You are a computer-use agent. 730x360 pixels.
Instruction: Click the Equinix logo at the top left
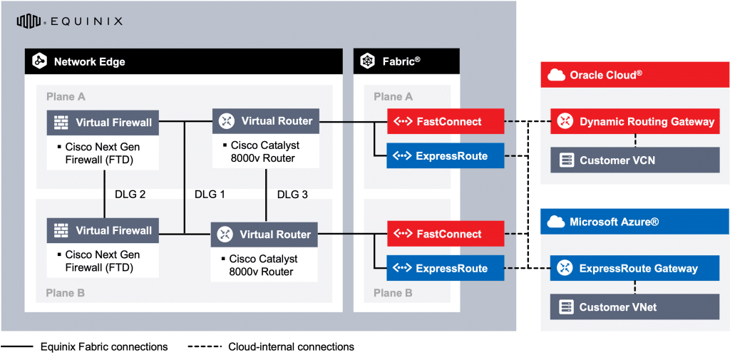pyautogui.click(x=69, y=21)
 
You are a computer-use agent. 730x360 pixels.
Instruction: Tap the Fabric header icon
pyautogui.click(x=368, y=61)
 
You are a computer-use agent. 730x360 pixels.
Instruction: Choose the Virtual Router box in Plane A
pyautogui.click(x=266, y=120)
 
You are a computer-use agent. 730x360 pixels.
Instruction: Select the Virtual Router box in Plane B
pyautogui.click(x=264, y=234)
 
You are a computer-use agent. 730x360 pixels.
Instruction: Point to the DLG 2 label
pyautogui.click(x=130, y=194)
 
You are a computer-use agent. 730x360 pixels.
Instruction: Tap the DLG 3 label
pyautogui.click(x=292, y=194)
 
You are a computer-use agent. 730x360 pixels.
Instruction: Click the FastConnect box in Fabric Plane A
pyautogui.click(x=446, y=121)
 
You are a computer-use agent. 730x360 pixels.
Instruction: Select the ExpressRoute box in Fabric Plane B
pyautogui.click(x=446, y=268)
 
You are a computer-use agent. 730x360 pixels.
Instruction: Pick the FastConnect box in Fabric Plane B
pyautogui.click(x=446, y=234)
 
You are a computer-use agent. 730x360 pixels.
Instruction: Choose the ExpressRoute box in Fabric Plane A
pyautogui.click(x=446, y=155)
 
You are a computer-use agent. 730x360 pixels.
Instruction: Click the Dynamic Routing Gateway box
pyautogui.click(x=635, y=121)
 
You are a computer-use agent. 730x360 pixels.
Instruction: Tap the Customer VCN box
pyautogui.click(x=635, y=160)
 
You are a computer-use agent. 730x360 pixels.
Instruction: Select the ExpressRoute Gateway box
pyautogui.click(x=635, y=268)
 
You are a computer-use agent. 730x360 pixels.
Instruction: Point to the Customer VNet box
pyautogui.click(x=635, y=307)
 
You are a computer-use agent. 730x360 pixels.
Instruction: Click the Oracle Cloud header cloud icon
pyautogui.click(x=557, y=75)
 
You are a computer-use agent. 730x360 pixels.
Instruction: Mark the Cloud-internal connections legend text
pyautogui.click(x=291, y=347)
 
